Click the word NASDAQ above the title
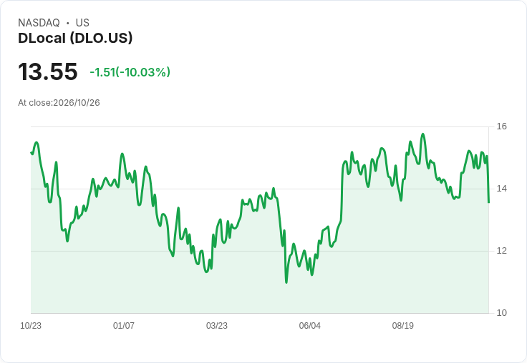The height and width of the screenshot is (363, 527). click(39, 23)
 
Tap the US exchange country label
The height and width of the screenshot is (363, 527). click(82, 23)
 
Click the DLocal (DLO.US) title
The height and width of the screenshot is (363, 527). click(75, 38)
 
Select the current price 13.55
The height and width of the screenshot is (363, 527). click(48, 71)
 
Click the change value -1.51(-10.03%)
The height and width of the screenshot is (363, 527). click(130, 72)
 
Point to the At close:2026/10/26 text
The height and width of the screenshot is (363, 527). click(59, 103)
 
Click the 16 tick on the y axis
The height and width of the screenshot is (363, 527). click(501, 126)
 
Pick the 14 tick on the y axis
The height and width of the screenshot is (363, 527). click(501, 189)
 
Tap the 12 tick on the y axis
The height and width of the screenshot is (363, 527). click(501, 251)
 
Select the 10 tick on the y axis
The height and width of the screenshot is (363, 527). click(501, 313)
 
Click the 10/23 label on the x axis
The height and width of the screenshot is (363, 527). click(31, 326)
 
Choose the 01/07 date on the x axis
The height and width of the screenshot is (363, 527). click(124, 326)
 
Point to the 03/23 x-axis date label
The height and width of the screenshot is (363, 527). click(217, 326)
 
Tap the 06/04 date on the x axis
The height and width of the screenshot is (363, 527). click(310, 326)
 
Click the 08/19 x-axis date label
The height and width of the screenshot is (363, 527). click(403, 326)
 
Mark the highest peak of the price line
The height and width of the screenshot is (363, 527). click(422, 134)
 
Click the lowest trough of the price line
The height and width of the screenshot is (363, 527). click(286, 282)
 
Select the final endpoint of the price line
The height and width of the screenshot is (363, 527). click(488, 202)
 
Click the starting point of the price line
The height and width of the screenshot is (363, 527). click(31, 153)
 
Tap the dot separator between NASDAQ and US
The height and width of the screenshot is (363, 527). click(68, 23)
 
